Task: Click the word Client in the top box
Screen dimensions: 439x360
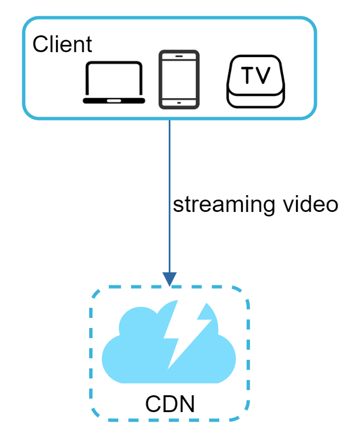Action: click(x=62, y=44)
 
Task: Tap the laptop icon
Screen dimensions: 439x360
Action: click(x=114, y=82)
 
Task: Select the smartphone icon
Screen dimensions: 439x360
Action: click(x=179, y=79)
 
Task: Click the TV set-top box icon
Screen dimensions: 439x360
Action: click(x=256, y=82)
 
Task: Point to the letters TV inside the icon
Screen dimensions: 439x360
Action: click(x=256, y=75)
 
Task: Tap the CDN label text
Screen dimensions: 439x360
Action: click(x=170, y=404)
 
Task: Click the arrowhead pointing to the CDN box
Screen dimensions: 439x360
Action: click(x=169, y=279)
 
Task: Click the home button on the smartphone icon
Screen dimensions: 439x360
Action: click(x=179, y=103)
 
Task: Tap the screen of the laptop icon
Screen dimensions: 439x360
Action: click(x=114, y=79)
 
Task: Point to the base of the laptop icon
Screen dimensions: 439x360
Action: click(x=114, y=101)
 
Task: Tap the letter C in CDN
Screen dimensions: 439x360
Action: click(x=153, y=404)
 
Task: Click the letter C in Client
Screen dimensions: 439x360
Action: click(x=40, y=44)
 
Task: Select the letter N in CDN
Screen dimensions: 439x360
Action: click(x=187, y=404)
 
